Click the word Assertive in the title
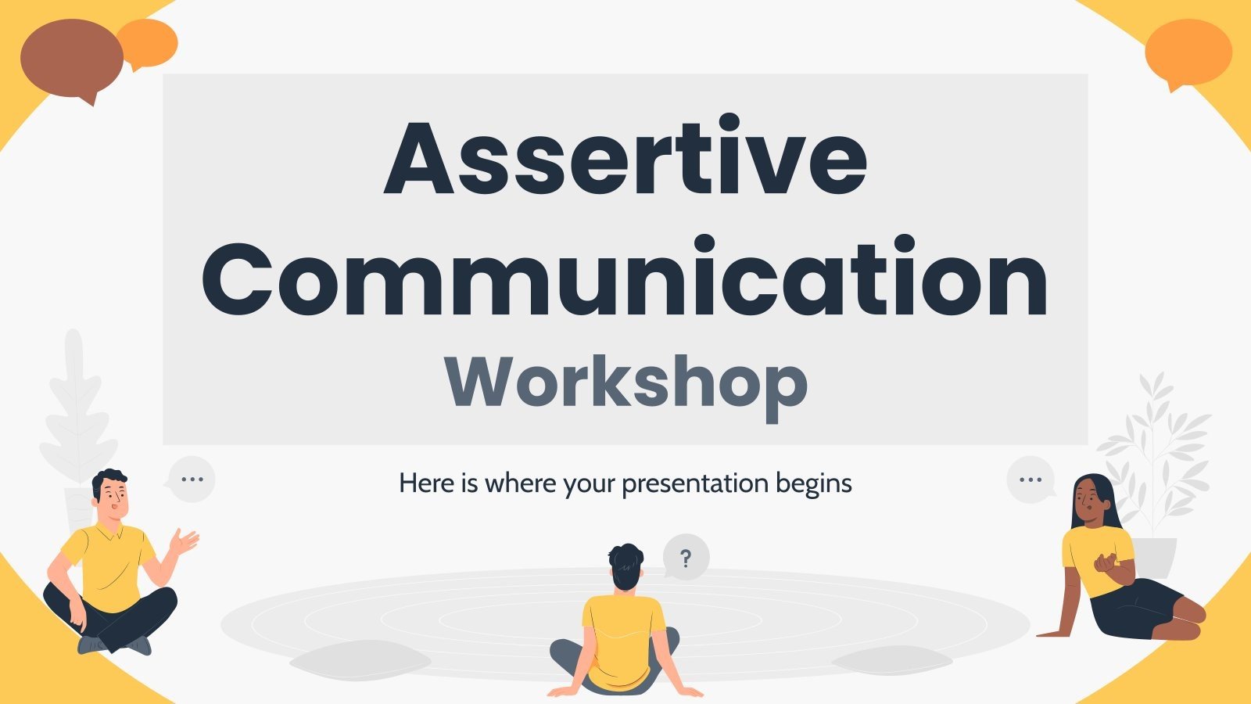pyautogui.click(x=625, y=158)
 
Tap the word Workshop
pyautogui.click(x=625, y=383)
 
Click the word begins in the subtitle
pyautogui.click(x=814, y=483)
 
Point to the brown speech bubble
pyautogui.click(x=70, y=59)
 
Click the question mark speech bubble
pyautogui.click(x=686, y=558)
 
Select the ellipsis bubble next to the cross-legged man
pyautogui.click(x=192, y=479)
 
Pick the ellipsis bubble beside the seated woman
pyautogui.click(x=1031, y=480)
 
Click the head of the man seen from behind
pyautogui.click(x=625, y=567)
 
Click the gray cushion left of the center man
pyautogui.click(x=360, y=659)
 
